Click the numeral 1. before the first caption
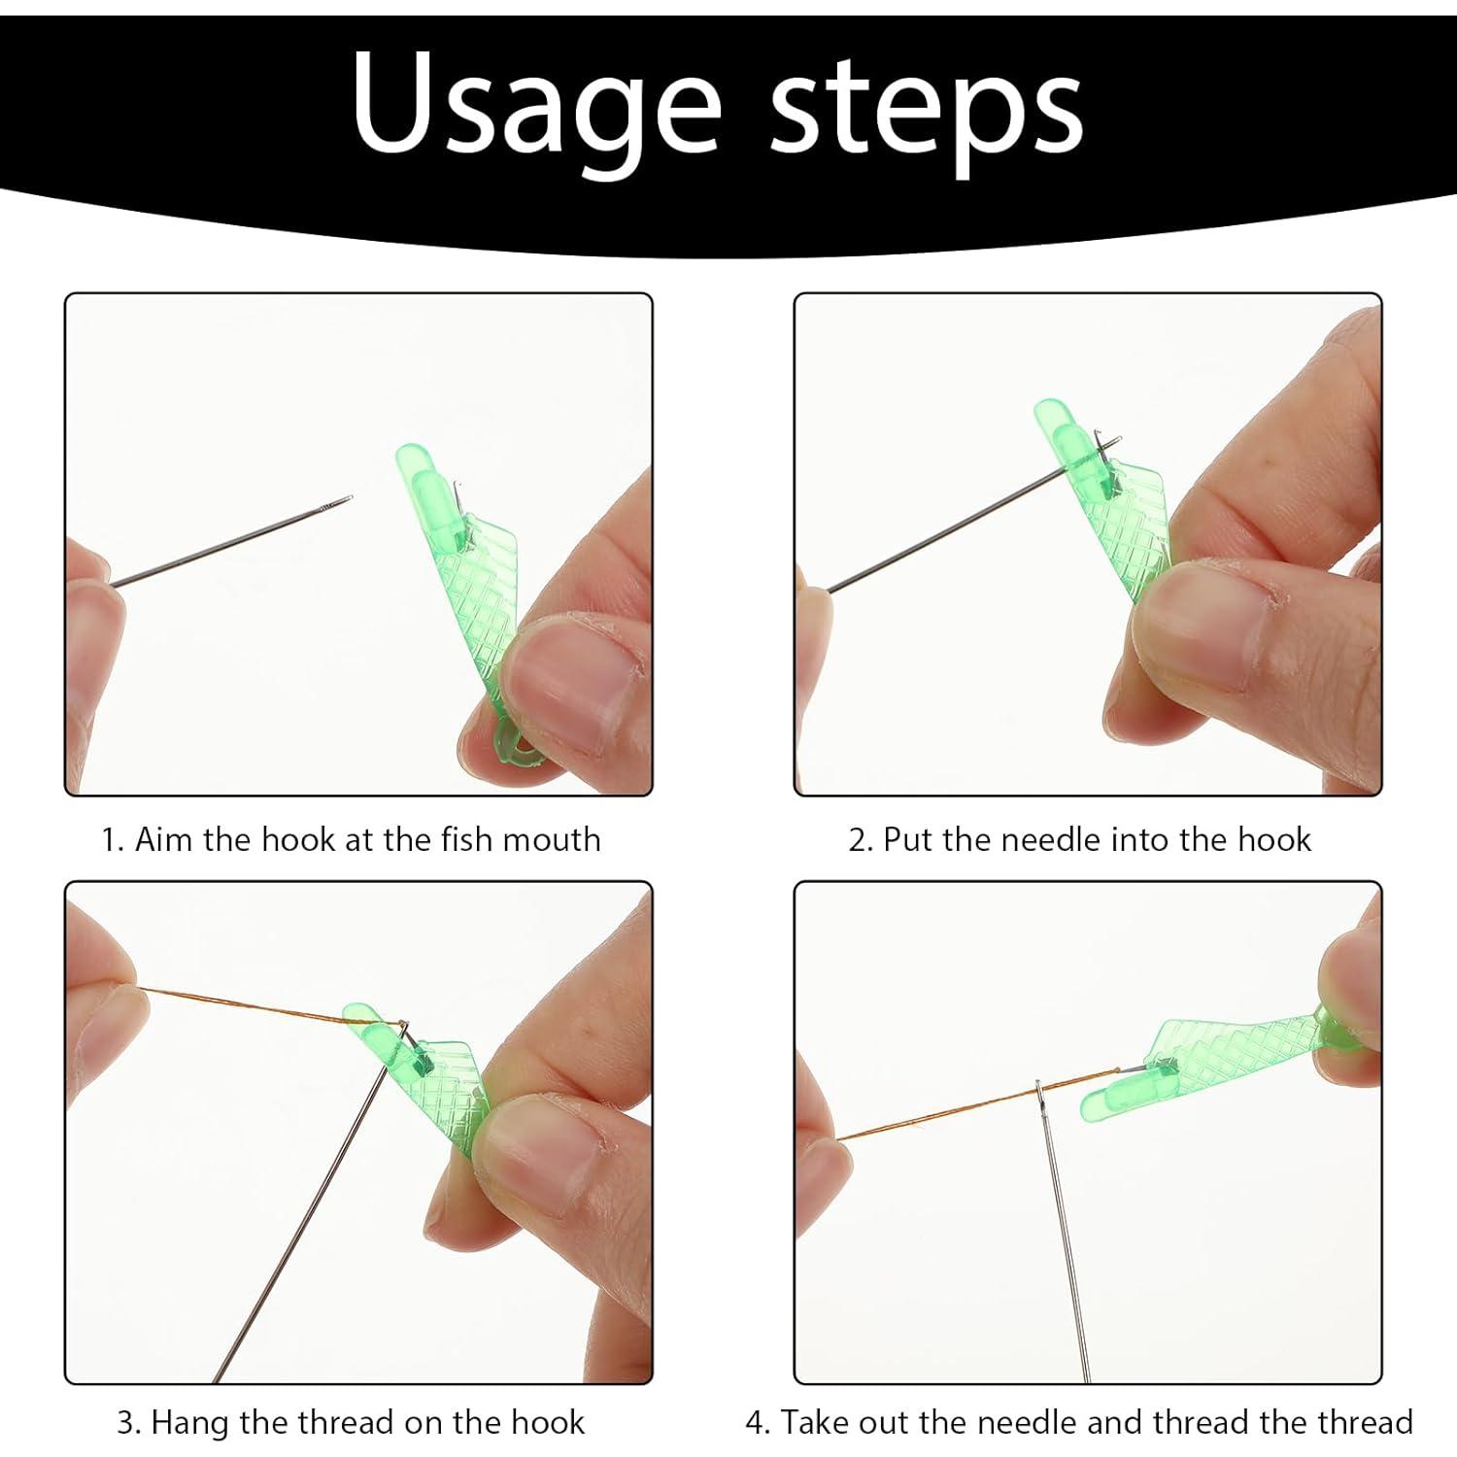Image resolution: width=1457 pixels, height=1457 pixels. pyautogui.click(x=113, y=839)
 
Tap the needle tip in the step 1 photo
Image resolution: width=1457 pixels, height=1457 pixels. pyautogui.click(x=350, y=498)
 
